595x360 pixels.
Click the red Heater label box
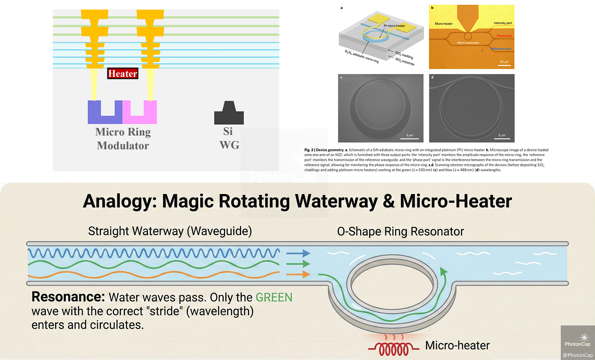[123, 74]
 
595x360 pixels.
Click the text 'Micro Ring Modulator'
[123, 139]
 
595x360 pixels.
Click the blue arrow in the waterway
[298, 253]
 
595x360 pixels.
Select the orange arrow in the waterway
[298, 275]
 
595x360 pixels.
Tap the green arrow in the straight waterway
[298, 264]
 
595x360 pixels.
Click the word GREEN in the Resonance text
[274, 297]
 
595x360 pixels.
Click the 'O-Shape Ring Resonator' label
[400, 232]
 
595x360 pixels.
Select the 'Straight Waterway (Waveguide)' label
[170, 231]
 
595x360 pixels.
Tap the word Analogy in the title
[119, 201]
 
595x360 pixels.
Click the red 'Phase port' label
[504, 36]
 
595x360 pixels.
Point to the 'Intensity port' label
[503, 23]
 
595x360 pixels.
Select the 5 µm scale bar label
[502, 135]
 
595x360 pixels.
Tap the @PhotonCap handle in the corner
[577, 355]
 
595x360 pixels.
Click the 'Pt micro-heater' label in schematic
[394, 26]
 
